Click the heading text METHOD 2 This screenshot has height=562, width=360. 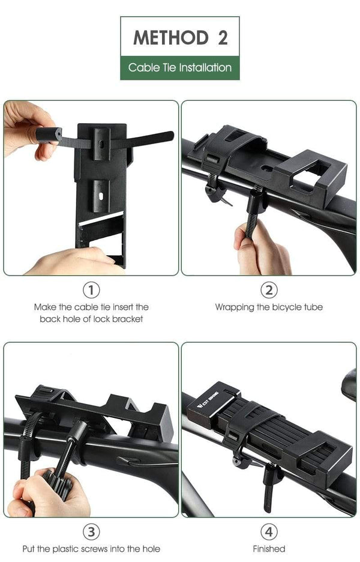[x=180, y=37]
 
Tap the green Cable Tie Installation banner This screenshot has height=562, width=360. [x=180, y=68]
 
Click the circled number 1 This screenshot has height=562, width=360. [x=91, y=291]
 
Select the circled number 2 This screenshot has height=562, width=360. [x=269, y=291]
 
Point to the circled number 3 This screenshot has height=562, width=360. [x=91, y=532]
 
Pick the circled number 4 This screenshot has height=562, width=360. [x=269, y=532]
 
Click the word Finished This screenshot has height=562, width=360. [x=269, y=548]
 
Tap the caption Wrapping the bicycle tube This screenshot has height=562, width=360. [x=269, y=307]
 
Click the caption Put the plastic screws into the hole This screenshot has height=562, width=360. [x=91, y=548]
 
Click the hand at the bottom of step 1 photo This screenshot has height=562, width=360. [x=72, y=263]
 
